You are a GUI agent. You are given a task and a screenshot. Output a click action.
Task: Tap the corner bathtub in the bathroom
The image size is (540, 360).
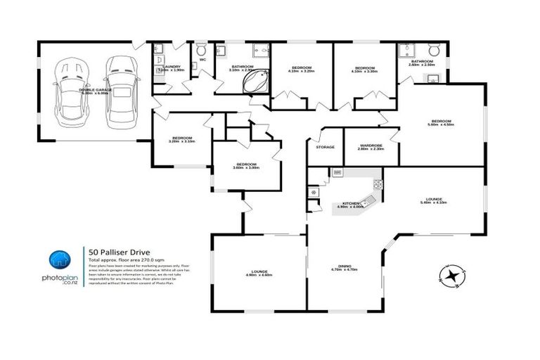(x=253, y=82)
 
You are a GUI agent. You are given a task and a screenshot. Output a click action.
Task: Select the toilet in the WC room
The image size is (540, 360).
(x=202, y=51)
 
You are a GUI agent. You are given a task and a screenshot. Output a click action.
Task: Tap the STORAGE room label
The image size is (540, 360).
(x=325, y=148)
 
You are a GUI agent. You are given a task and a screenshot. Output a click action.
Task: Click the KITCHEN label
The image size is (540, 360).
(x=349, y=202)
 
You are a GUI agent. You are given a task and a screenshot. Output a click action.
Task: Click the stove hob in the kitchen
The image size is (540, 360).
(x=378, y=184)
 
